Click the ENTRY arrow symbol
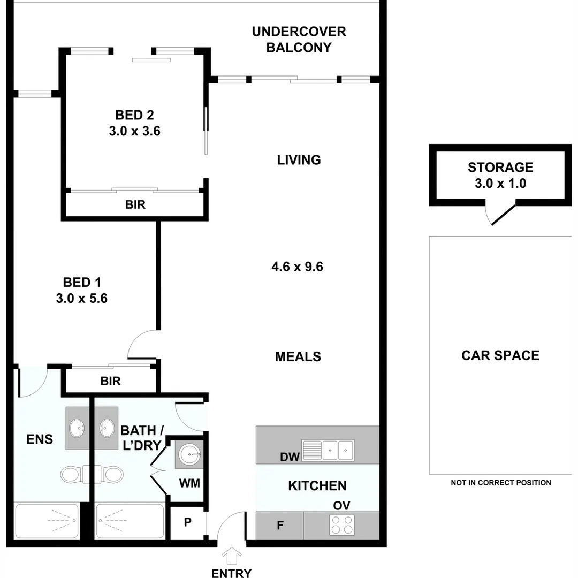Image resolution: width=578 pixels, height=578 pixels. pyautogui.click(x=231, y=556)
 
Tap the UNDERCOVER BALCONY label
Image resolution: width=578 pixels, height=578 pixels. pyautogui.click(x=299, y=39)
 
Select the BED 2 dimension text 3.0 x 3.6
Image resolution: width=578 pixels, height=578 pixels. pyautogui.click(x=135, y=131)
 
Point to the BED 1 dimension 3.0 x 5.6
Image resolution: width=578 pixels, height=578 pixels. pyautogui.click(x=81, y=298)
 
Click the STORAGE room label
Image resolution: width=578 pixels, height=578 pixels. pyautogui.click(x=500, y=168)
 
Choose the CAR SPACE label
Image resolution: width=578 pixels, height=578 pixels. pyautogui.click(x=500, y=355)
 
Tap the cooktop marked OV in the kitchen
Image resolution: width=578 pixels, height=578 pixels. pyautogui.click(x=342, y=524)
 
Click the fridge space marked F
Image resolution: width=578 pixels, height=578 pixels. pyautogui.click(x=279, y=526)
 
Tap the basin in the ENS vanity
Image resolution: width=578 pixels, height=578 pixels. pyautogui.click(x=77, y=428)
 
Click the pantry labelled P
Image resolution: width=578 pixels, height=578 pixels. pyautogui.click(x=187, y=522)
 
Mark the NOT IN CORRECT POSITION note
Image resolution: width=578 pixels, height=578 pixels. pyautogui.click(x=500, y=482)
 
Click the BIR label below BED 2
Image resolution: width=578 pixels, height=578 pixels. pyautogui.click(x=135, y=204)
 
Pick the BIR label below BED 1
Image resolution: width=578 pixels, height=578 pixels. pyautogui.click(x=110, y=381)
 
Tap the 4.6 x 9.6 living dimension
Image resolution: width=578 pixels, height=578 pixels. pyautogui.click(x=298, y=266)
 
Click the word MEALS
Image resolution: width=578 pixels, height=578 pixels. pyautogui.click(x=298, y=356)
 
